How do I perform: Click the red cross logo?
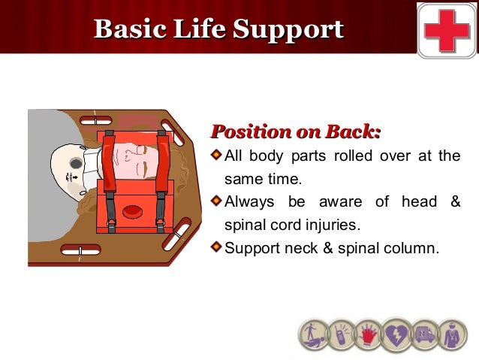point(447,30)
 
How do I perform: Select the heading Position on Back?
point(296,133)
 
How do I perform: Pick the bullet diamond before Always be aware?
point(216,201)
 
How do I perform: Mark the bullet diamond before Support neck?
point(216,246)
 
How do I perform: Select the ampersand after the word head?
point(454,201)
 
